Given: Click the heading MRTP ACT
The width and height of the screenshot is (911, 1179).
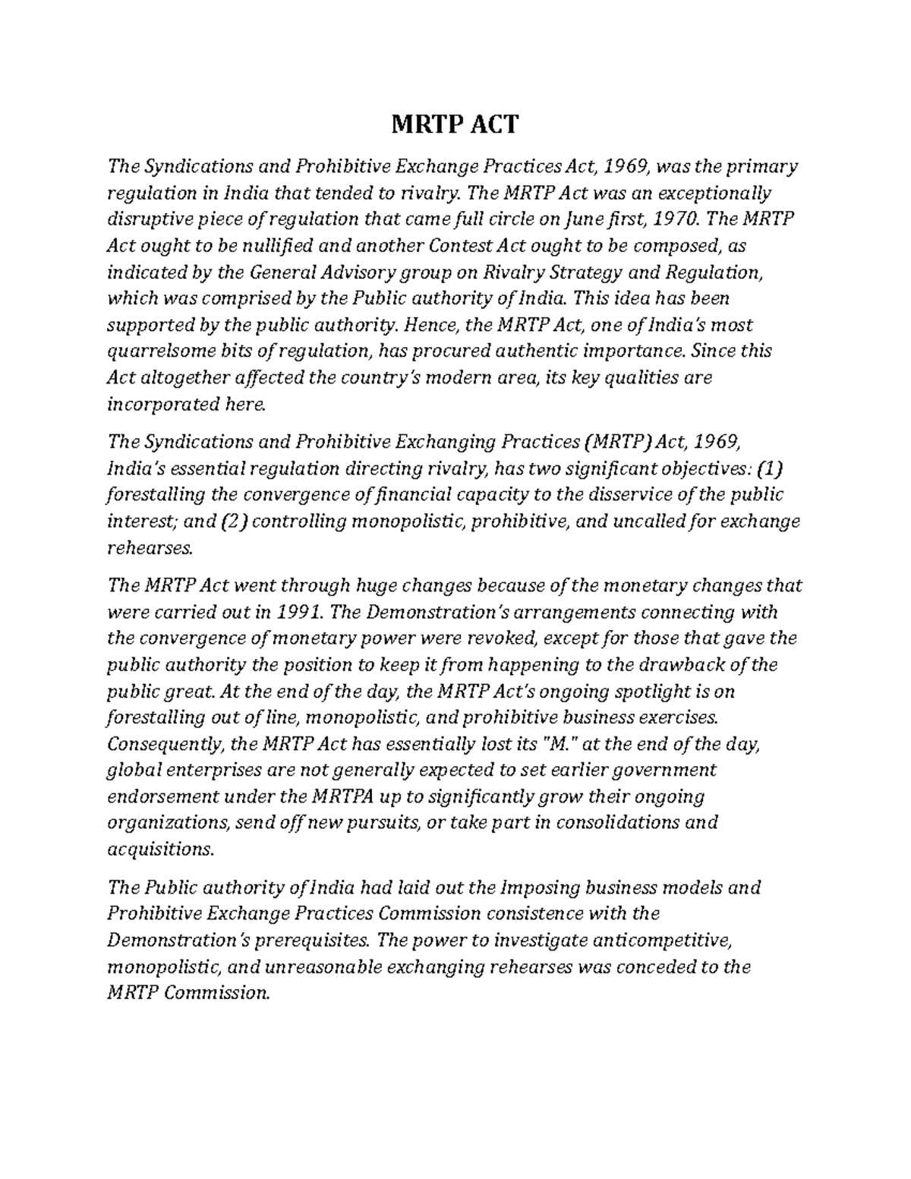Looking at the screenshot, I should [455, 124].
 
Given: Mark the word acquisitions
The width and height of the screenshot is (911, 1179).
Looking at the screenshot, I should [157, 850].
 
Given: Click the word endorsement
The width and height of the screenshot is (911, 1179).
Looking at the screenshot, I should [165, 797].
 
